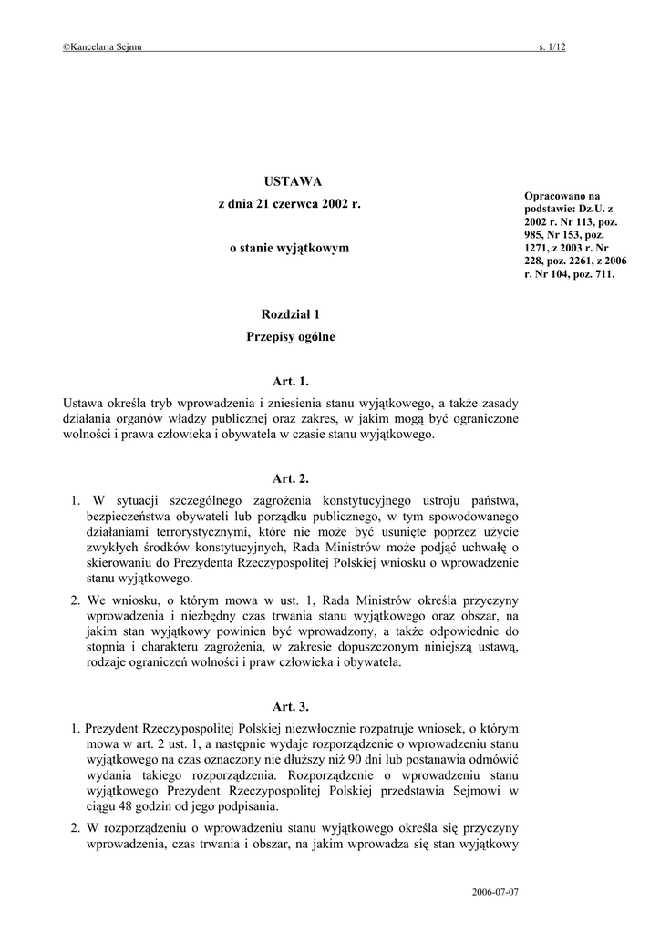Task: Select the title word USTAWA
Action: (x=291, y=181)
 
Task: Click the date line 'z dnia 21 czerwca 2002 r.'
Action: (x=290, y=205)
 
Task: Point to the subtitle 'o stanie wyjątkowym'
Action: (x=289, y=248)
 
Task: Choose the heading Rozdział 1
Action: (x=291, y=314)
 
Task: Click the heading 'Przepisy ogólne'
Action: (x=291, y=337)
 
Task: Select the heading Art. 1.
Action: (x=291, y=381)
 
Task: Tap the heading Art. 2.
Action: (x=291, y=477)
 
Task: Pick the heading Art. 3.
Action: (x=291, y=706)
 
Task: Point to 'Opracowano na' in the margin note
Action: (x=562, y=195)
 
